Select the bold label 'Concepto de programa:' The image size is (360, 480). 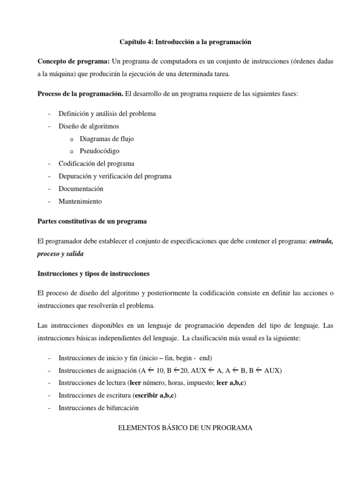pyautogui.click(x=74, y=62)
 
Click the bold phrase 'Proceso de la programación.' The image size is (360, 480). pyautogui.click(x=80, y=94)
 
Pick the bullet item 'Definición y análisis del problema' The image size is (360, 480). pyautogui.click(x=107, y=113)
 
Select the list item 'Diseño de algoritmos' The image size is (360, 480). pyautogui.click(x=89, y=126)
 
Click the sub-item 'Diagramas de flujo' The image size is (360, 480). pyautogui.click(x=107, y=139)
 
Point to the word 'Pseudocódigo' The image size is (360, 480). pyautogui.click(x=99, y=151)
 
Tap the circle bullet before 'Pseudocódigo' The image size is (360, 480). pyautogui.click(x=71, y=152)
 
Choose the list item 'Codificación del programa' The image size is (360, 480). pyautogui.click(x=96, y=164)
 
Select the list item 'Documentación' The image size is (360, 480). pyautogui.click(x=81, y=189)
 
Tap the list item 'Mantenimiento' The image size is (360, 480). pyautogui.click(x=80, y=202)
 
